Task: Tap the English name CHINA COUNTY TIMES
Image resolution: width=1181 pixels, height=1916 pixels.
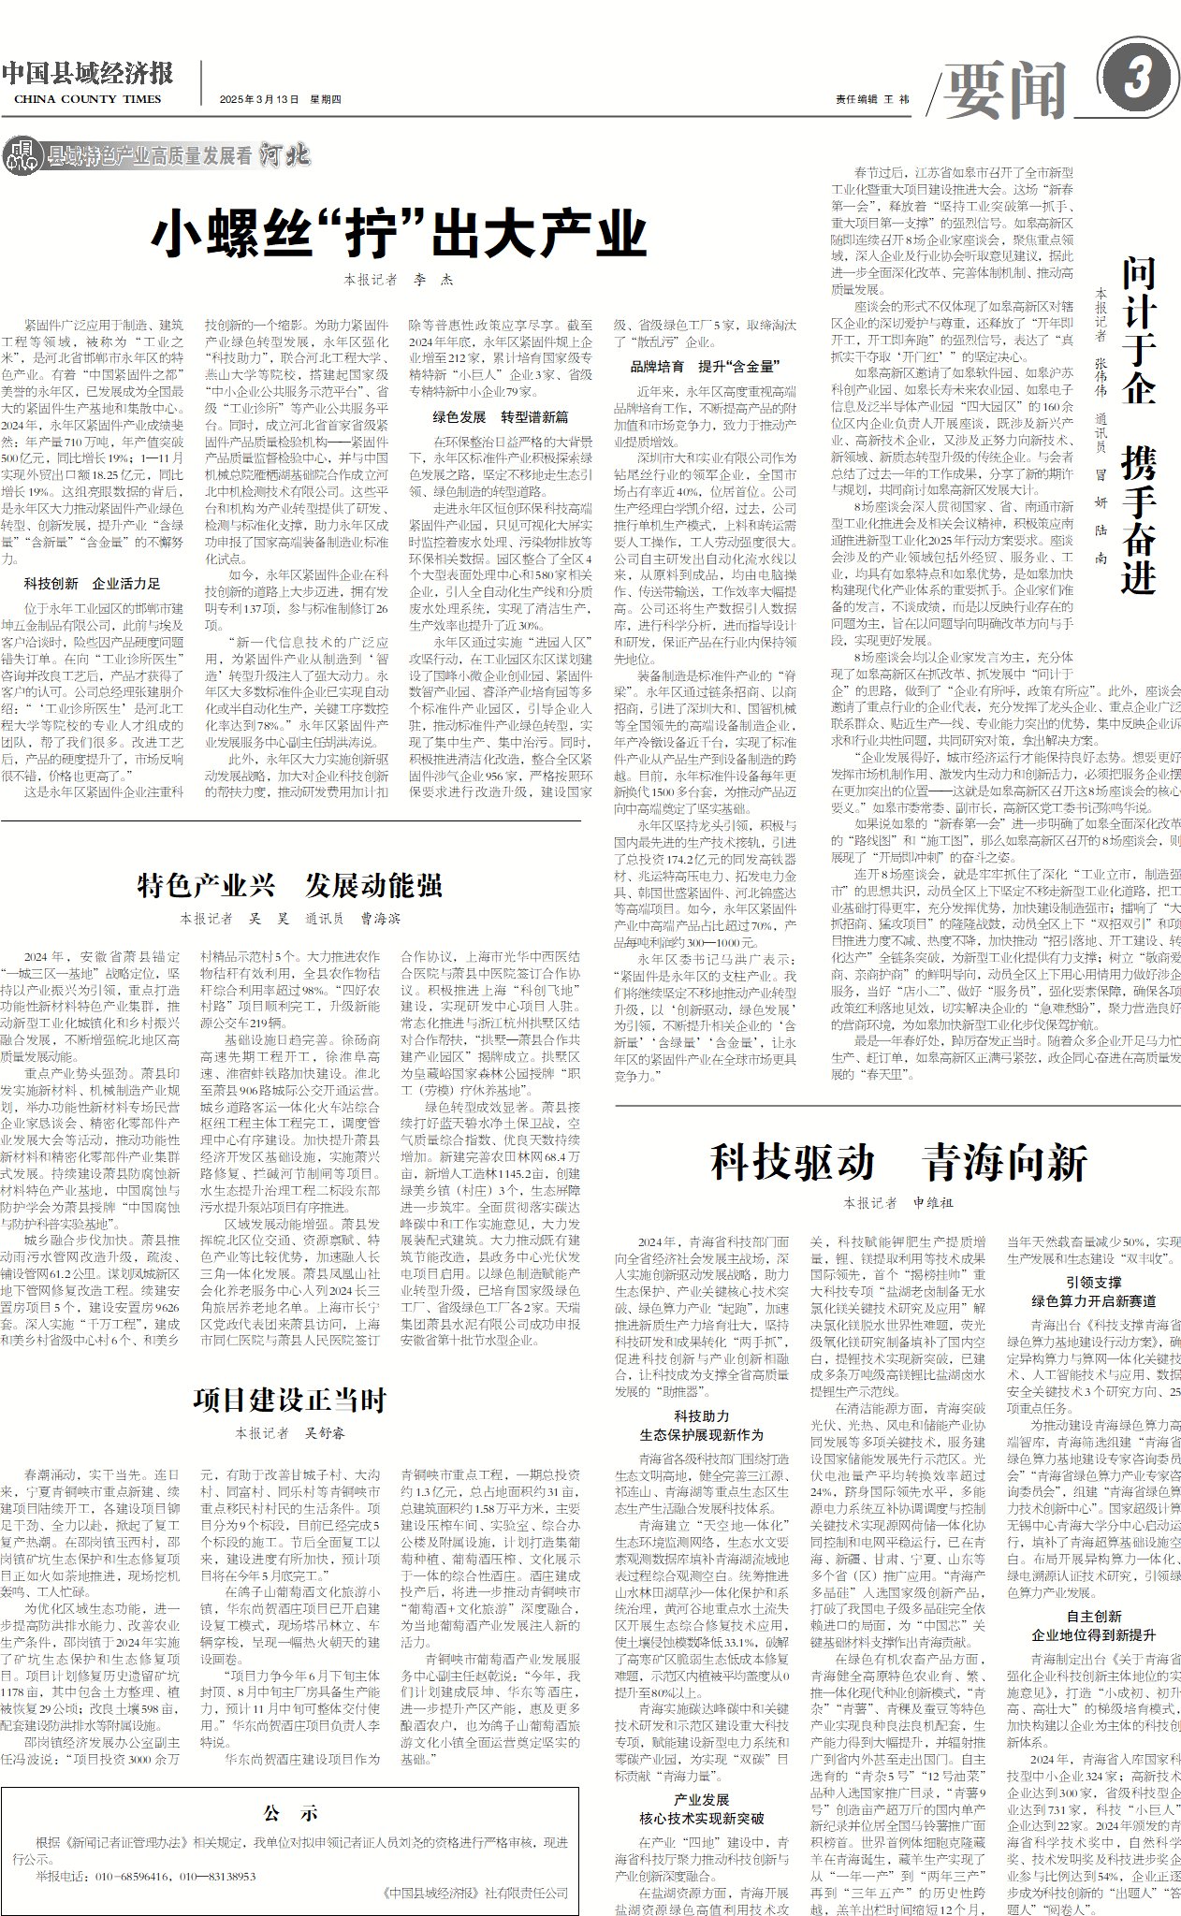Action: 88,99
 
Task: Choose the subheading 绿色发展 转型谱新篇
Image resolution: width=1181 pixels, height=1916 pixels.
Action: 500,416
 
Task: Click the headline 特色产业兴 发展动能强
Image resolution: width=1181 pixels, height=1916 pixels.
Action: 289,884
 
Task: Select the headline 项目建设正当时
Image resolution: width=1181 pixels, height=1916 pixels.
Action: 289,1400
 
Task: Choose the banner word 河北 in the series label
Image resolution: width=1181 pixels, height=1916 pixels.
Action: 284,155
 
